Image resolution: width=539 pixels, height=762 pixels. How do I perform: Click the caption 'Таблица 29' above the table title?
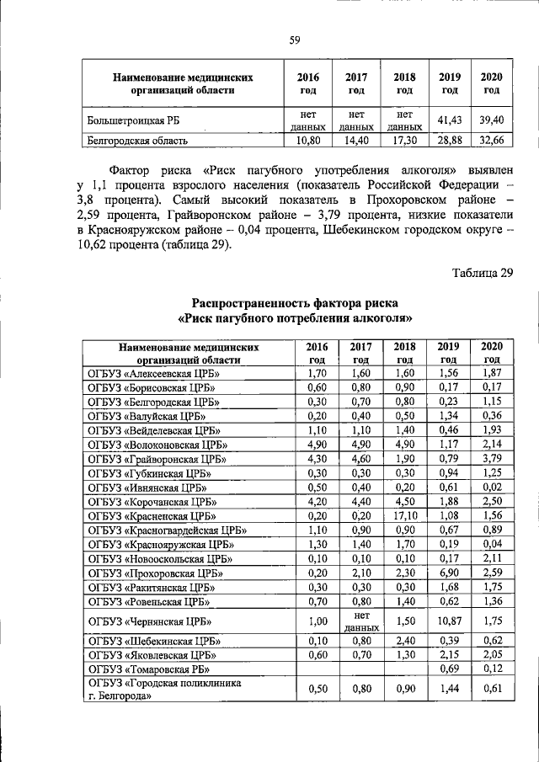(481, 273)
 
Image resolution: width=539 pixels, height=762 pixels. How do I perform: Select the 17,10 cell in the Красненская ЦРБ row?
(404, 514)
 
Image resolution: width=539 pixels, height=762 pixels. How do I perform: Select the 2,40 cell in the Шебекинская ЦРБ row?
(404, 639)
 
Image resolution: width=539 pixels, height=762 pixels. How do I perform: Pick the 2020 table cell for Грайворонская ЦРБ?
(491, 458)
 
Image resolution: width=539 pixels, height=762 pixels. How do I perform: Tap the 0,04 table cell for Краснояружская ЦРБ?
(491, 544)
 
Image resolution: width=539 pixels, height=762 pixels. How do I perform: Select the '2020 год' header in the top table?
(491, 83)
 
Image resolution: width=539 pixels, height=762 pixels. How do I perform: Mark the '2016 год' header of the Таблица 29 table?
(317, 353)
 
